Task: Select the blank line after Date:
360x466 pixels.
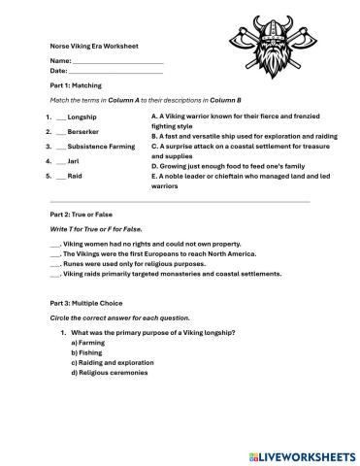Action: pos(116,72)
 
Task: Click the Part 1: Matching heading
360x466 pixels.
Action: pos(76,85)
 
